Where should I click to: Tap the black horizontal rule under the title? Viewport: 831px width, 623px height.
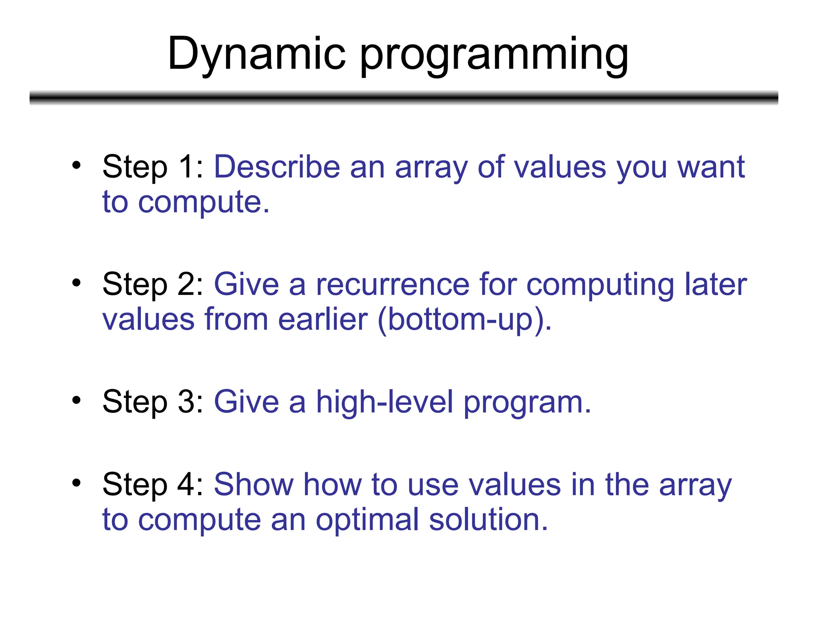click(x=404, y=98)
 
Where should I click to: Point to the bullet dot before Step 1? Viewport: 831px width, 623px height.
click(x=76, y=165)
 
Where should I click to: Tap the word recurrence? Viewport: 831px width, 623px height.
click(x=392, y=285)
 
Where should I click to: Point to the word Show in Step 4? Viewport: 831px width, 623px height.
click(x=254, y=485)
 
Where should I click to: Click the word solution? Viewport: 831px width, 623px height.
click(x=489, y=520)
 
